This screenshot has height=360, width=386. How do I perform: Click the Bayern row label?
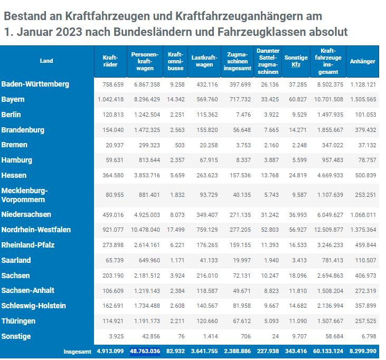[x=13, y=99]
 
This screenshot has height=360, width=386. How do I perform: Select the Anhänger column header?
[x=362, y=61]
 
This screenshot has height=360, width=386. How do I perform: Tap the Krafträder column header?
[x=110, y=61]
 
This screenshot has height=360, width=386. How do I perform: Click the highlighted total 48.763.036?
[x=145, y=352]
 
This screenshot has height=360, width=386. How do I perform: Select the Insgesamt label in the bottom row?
[x=77, y=352]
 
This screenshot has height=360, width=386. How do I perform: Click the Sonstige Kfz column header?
[x=296, y=61]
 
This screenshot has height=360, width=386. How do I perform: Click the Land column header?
[x=46, y=61]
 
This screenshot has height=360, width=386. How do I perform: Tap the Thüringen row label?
[x=18, y=321]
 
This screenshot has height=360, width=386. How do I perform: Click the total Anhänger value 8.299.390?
[x=362, y=352]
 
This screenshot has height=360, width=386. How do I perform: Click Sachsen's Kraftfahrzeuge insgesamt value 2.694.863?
[x=330, y=276]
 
